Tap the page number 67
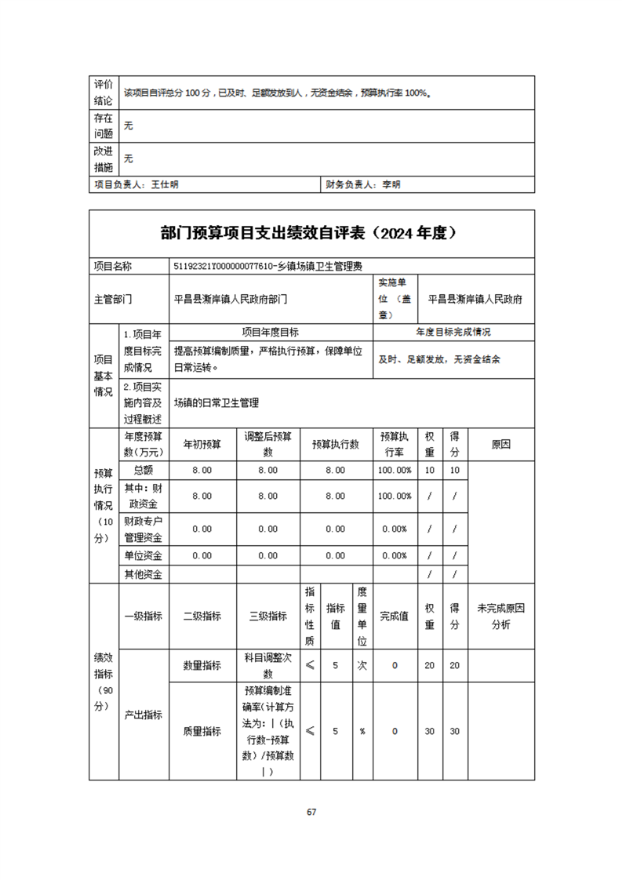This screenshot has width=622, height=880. (x=311, y=812)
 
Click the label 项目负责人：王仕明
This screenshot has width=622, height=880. (x=136, y=185)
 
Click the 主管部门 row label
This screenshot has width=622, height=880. (x=113, y=299)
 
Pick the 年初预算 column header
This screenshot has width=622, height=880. (x=202, y=444)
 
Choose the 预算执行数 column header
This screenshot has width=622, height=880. (x=335, y=444)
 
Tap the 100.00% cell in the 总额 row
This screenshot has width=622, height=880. (x=395, y=470)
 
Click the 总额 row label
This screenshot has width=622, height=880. (x=143, y=470)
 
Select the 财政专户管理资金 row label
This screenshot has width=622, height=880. (x=143, y=529)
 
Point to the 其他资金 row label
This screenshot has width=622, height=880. (x=143, y=574)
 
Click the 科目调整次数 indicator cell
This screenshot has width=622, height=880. (x=267, y=666)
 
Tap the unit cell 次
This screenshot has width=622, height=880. (x=362, y=666)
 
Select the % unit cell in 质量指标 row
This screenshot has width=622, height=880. (x=362, y=731)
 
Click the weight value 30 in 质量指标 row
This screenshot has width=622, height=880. (x=430, y=731)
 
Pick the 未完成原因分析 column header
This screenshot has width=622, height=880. (x=500, y=616)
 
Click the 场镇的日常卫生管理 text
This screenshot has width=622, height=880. (x=216, y=402)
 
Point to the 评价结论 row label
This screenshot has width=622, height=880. (x=104, y=92)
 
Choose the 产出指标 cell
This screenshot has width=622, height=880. (x=143, y=715)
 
